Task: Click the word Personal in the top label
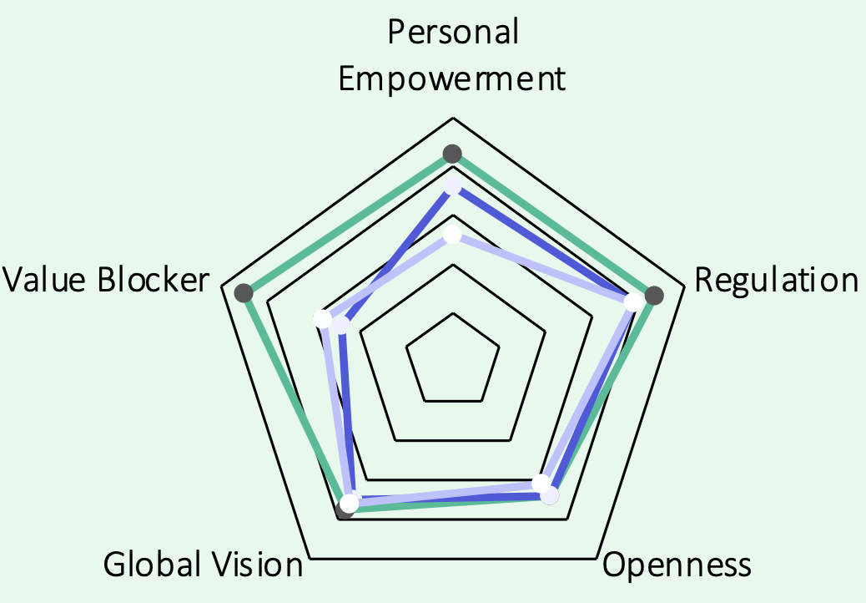pyautogui.click(x=453, y=32)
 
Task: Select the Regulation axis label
pyautogui.click(x=776, y=280)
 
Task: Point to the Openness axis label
pyautogui.click(x=677, y=565)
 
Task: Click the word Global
pyautogui.click(x=151, y=565)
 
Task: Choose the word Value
pyautogui.click(x=47, y=280)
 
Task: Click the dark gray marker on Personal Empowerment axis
pyautogui.click(x=452, y=154)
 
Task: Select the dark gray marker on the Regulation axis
pyautogui.click(x=655, y=295)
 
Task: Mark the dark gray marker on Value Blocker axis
pyautogui.click(x=244, y=292)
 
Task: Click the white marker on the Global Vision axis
pyautogui.click(x=350, y=503)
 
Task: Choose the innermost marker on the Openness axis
pyautogui.click(x=541, y=484)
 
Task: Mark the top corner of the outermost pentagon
pyautogui.click(x=453, y=118)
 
